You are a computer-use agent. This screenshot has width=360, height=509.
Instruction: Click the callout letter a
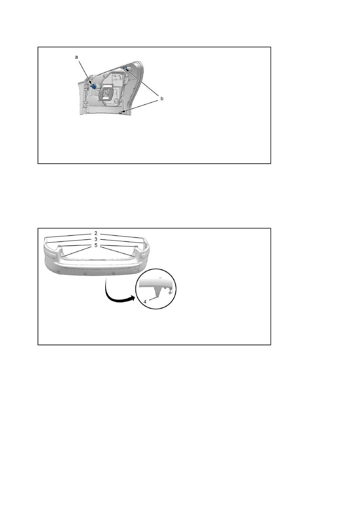pos(77,57)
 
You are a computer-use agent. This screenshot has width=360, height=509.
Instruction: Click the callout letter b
pos(162,99)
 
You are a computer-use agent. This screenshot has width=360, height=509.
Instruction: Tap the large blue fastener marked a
pos(93,86)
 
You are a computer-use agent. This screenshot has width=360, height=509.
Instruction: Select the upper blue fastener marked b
pos(125,67)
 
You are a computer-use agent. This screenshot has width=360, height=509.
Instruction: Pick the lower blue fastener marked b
pos(121,112)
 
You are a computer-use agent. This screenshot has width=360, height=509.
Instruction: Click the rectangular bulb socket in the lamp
pos(106,93)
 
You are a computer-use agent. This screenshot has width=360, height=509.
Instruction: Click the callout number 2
pos(96,233)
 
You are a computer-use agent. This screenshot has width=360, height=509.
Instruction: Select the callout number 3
pos(96,239)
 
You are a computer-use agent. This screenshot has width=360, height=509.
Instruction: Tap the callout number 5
pos(96,245)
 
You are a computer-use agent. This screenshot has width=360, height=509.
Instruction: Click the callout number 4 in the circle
pos(145,302)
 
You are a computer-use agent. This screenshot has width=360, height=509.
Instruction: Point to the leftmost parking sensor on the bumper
pos(58,271)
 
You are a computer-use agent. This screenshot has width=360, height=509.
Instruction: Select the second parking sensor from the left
pos(85,273)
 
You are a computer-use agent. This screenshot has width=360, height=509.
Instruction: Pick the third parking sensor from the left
pos(113,273)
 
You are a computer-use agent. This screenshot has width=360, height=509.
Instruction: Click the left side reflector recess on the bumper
pos(52,256)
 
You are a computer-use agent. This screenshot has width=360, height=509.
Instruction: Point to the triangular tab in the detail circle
pos(158,292)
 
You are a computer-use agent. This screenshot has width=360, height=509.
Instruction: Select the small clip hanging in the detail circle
pos(170,293)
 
